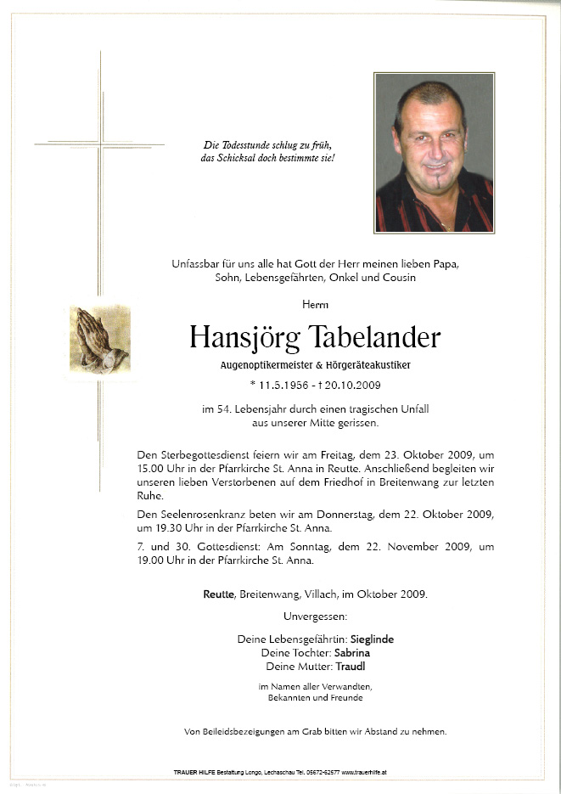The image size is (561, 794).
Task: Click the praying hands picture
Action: [100, 340]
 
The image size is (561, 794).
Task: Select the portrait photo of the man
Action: [434, 153]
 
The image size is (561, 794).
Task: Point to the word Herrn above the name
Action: [315, 304]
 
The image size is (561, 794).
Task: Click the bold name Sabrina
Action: [352, 653]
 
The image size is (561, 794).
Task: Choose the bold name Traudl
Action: [350, 667]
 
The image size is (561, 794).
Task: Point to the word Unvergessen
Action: [314, 616]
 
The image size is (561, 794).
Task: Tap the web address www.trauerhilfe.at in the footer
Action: [364, 773]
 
